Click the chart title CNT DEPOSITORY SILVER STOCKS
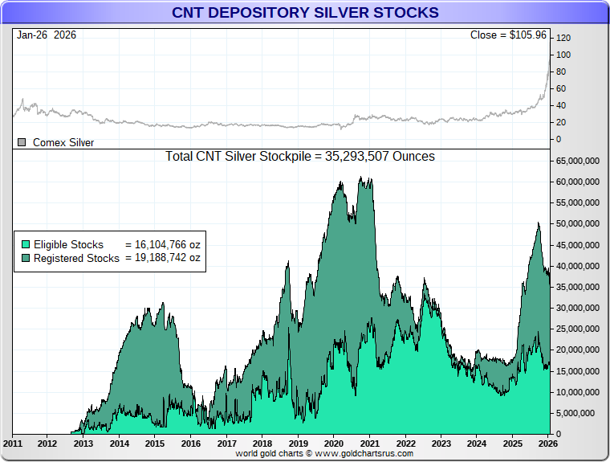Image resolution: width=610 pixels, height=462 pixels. [x=305, y=13]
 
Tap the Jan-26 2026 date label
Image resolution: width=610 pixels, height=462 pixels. [x=47, y=35]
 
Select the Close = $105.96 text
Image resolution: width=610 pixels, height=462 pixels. [x=507, y=35]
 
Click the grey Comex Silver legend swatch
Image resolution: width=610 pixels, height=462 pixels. [x=22, y=142]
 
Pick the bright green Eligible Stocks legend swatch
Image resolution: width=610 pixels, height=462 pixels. [x=26, y=244]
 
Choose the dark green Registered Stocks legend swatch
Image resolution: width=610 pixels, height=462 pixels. [x=26, y=258]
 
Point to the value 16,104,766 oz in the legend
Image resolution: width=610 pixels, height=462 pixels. [x=163, y=244]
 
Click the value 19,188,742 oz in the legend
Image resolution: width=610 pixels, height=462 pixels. [x=163, y=258]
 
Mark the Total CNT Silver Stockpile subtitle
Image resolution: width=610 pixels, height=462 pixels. [x=300, y=157]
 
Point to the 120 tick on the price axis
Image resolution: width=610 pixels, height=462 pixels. [x=563, y=38]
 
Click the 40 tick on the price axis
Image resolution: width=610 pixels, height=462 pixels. [x=563, y=105]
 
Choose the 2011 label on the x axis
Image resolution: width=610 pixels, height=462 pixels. [x=13, y=444]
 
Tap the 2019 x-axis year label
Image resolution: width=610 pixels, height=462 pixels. [x=299, y=444]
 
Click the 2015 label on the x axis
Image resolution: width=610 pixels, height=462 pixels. [x=155, y=444]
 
